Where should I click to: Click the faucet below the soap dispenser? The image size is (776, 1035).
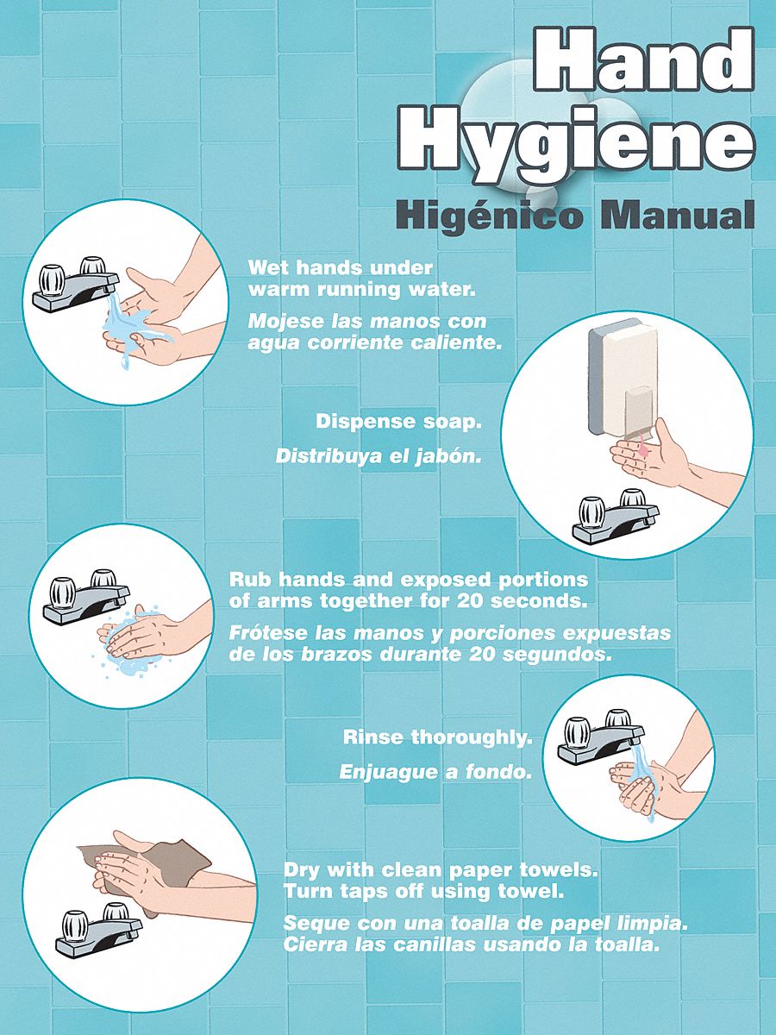click(613, 517)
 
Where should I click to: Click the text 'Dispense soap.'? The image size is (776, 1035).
click(397, 422)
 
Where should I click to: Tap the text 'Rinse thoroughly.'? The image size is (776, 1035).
click(438, 737)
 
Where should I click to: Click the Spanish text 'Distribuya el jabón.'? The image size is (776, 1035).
click(379, 456)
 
